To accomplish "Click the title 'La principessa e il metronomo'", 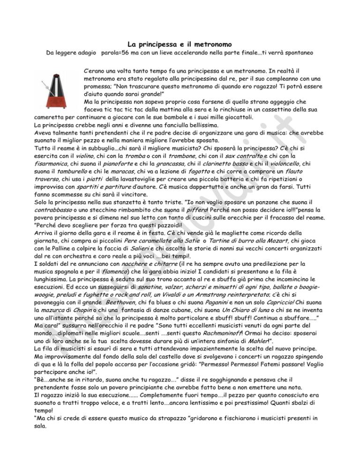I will [x=180, y=45].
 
